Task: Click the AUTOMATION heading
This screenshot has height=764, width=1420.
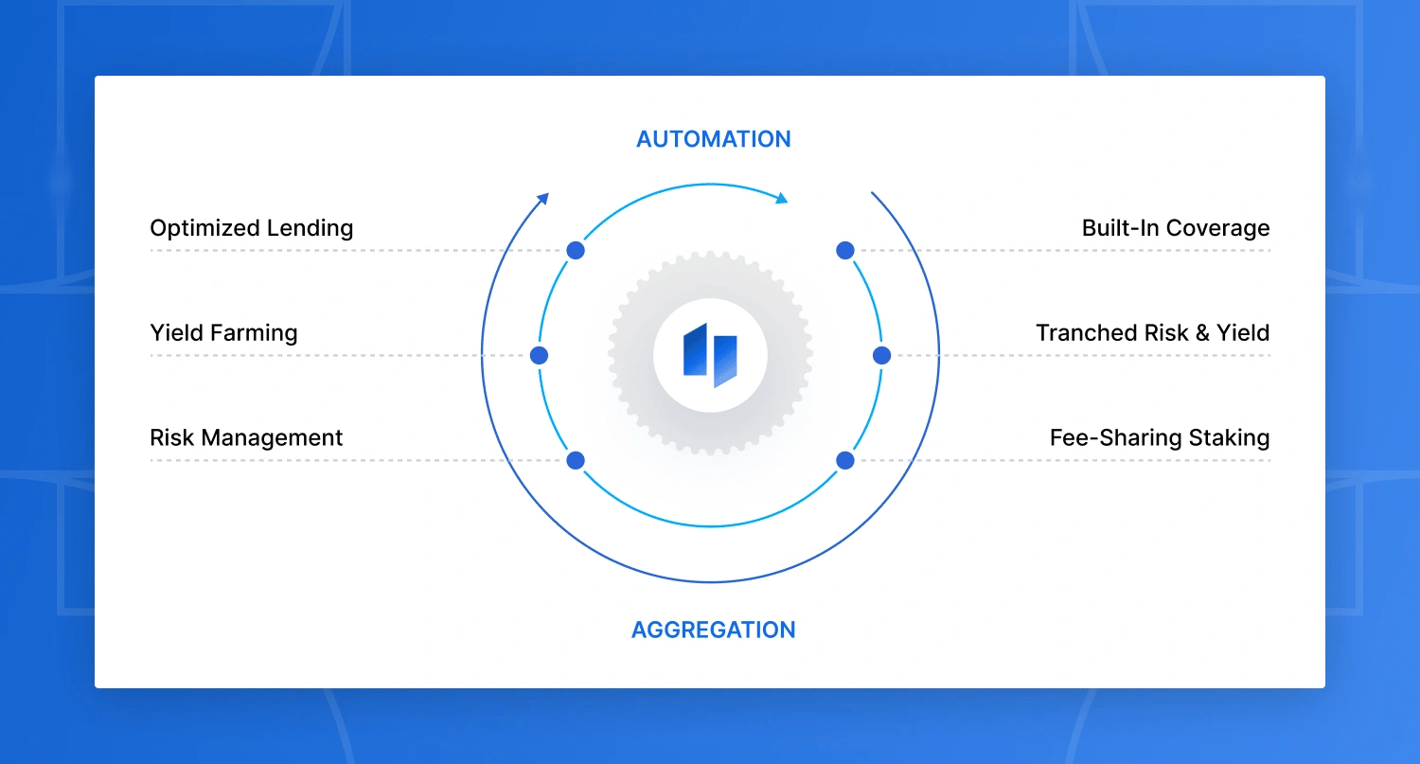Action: pyautogui.click(x=713, y=139)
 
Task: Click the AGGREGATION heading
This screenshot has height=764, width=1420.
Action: pyautogui.click(x=713, y=630)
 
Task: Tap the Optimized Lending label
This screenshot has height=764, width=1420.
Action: pyautogui.click(x=251, y=228)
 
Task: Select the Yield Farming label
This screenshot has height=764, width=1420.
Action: pyautogui.click(x=223, y=333)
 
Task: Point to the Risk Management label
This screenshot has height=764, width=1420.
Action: pyautogui.click(x=246, y=438)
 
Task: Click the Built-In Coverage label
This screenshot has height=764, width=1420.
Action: pyautogui.click(x=1176, y=228)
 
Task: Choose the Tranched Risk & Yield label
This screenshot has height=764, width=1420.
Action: pyautogui.click(x=1152, y=333)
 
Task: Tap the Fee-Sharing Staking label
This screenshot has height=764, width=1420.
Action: pyautogui.click(x=1159, y=438)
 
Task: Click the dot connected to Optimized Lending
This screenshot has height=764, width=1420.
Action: pyautogui.click(x=576, y=251)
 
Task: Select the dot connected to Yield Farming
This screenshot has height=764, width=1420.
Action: pyautogui.click(x=540, y=356)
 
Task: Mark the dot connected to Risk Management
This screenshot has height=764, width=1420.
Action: pyautogui.click(x=576, y=461)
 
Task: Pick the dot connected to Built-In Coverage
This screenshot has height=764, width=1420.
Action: pyautogui.click(x=845, y=251)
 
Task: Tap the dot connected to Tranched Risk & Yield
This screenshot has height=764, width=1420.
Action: pyautogui.click(x=881, y=356)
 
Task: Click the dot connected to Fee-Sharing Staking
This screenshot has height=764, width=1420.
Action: pyautogui.click(x=845, y=461)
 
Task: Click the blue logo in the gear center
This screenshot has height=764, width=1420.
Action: pyautogui.click(x=710, y=356)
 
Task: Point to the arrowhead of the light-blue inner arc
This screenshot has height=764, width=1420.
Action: pyautogui.click(x=782, y=199)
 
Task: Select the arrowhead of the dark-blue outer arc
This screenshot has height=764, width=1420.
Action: pyautogui.click(x=543, y=197)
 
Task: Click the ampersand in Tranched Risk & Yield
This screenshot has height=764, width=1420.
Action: pyautogui.click(x=1198, y=333)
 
